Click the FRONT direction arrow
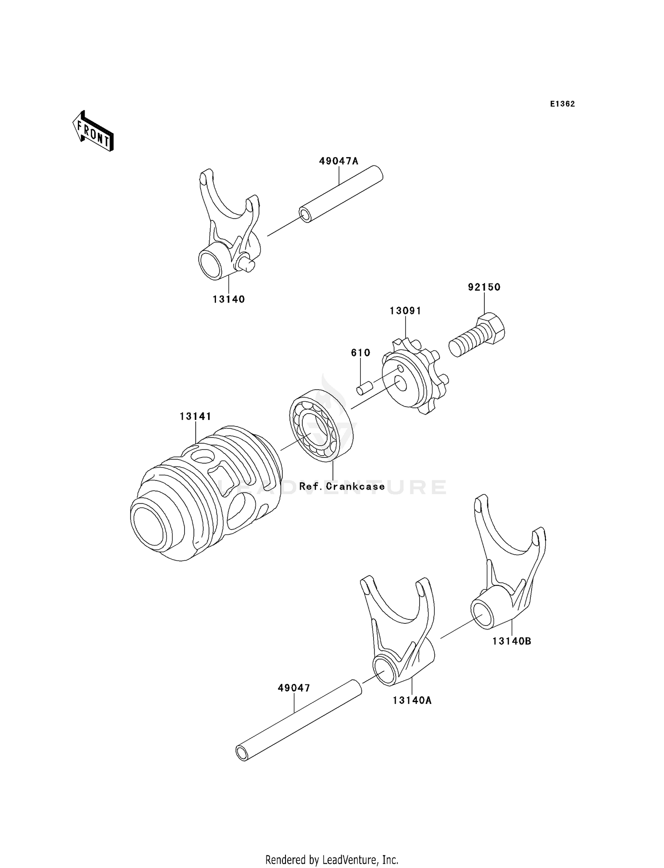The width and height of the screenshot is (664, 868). click(93, 132)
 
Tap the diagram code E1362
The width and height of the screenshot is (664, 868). click(562, 104)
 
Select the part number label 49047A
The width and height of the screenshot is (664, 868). click(339, 161)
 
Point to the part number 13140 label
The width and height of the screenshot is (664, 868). click(228, 300)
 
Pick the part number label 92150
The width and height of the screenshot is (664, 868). click(484, 288)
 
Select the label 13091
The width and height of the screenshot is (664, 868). click(405, 311)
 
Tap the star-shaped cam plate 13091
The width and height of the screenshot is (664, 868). click(414, 381)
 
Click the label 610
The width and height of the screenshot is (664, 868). click(360, 353)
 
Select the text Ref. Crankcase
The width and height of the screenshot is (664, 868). click(342, 487)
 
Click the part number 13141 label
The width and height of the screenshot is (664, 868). click(195, 417)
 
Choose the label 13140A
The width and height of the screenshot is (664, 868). click(412, 700)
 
